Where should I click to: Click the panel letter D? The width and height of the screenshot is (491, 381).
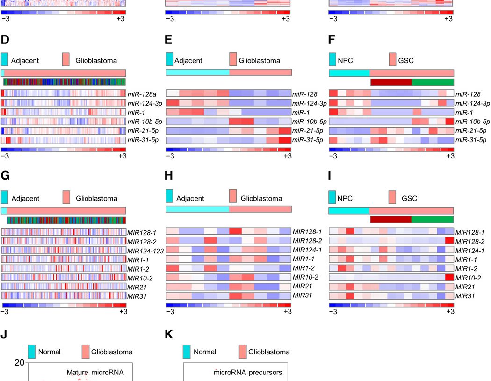point(5,41)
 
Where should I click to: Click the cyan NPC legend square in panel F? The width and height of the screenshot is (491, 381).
point(332,59)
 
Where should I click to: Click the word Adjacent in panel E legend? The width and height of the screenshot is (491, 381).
point(188,61)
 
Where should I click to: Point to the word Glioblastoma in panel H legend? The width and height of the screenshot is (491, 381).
point(261,198)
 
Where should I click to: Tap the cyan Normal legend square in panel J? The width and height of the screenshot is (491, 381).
point(31,352)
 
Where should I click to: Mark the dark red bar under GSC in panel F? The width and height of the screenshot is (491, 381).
point(391,82)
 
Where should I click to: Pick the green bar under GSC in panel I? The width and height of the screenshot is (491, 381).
point(433,219)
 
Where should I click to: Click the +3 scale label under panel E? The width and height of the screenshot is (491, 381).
point(286,156)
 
